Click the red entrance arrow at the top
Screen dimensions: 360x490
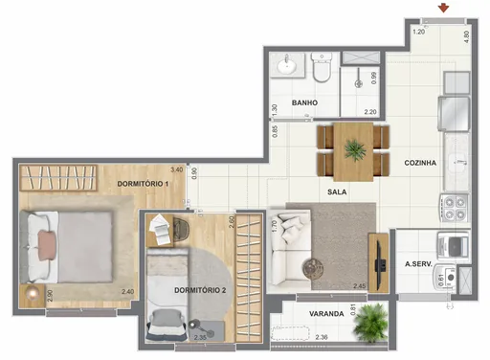click(443, 9)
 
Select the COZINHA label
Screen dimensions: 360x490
click(420, 163)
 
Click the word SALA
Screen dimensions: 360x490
click(337, 192)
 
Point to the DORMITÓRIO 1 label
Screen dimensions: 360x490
click(143, 183)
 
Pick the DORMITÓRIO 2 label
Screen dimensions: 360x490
click(200, 289)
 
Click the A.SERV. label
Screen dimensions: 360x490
click(420, 264)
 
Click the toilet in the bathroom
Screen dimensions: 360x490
click(323, 69)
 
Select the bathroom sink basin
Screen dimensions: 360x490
click(284, 66)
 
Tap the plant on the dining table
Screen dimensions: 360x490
click(355, 149)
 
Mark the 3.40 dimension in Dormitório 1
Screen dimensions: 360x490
click(176, 169)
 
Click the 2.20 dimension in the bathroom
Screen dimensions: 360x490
click(369, 112)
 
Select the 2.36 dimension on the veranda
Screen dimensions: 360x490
click(323, 336)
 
